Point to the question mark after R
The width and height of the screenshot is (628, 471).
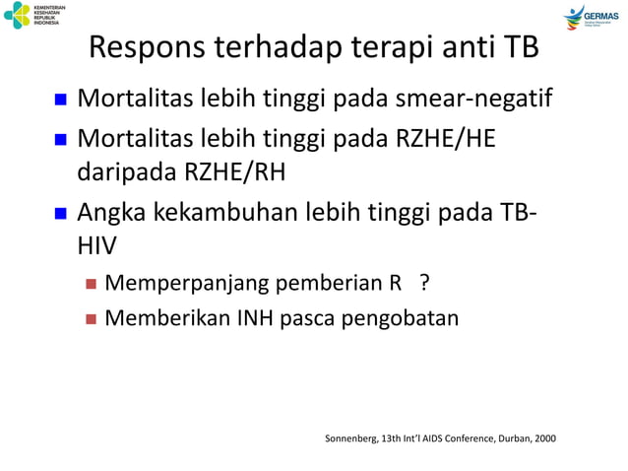(x=423, y=286)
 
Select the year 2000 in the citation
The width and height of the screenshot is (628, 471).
(x=540, y=437)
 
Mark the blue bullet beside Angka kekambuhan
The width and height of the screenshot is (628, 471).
(x=59, y=211)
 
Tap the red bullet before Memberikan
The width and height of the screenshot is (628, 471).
(x=90, y=319)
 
